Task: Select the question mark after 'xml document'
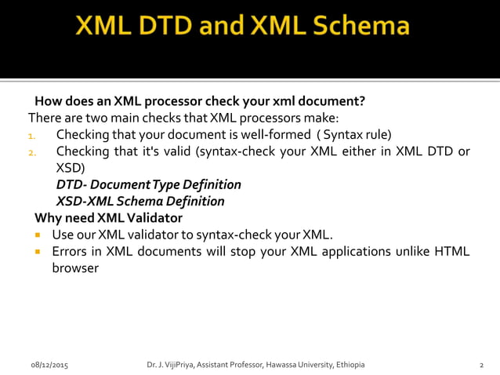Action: point(362,101)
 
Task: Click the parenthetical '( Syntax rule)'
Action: point(353,134)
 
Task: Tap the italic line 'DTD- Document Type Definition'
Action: point(148,184)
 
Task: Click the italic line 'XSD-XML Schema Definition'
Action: point(140,202)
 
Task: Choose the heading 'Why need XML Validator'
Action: point(108,218)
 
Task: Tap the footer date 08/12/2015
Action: point(49,365)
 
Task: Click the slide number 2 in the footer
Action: point(481,365)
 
